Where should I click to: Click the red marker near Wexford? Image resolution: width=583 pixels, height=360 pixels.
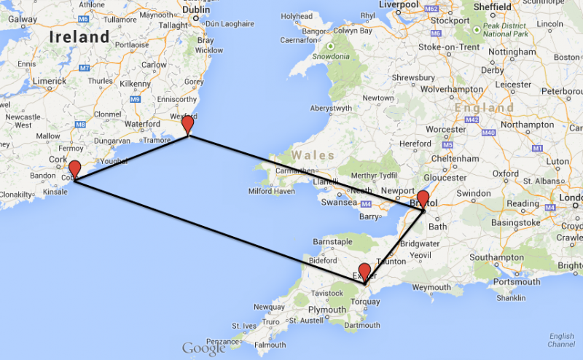click(x=188, y=124)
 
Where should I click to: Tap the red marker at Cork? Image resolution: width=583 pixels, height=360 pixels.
click(x=74, y=169)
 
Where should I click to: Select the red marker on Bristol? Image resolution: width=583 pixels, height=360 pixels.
click(x=423, y=199)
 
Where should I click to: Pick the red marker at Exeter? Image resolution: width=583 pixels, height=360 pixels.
click(x=365, y=273)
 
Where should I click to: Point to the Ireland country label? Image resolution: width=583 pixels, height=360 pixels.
click(x=79, y=36)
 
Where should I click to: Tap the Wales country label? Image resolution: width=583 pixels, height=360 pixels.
click(x=313, y=154)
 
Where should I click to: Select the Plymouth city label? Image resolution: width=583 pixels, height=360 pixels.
click(x=326, y=310)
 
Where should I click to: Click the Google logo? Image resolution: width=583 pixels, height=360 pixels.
click(x=203, y=349)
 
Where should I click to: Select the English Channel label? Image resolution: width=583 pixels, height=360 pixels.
click(x=561, y=340)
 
